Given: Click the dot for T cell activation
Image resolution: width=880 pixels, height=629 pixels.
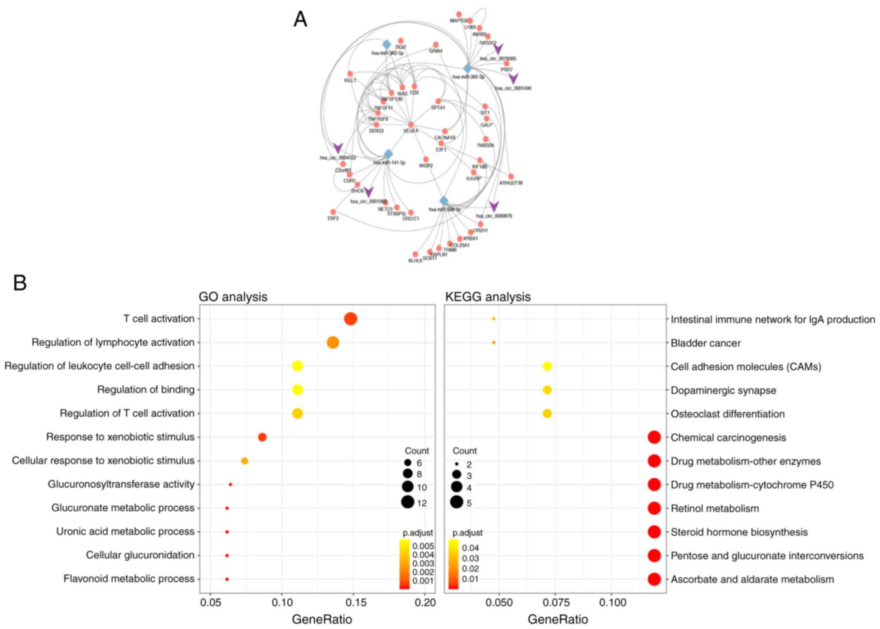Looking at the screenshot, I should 350,319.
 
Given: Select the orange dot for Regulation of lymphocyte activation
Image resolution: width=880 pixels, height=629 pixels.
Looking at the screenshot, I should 333,342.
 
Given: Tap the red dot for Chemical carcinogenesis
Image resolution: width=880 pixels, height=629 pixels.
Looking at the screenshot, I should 654,437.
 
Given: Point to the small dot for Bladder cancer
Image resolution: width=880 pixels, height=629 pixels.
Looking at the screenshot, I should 494,342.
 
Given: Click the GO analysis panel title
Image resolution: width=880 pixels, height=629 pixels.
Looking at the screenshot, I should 233,297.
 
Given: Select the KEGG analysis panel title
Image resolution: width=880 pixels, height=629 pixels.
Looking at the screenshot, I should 488,297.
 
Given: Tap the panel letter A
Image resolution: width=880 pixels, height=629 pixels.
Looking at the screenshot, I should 300,19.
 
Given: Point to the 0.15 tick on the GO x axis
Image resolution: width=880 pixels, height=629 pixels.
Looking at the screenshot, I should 353,603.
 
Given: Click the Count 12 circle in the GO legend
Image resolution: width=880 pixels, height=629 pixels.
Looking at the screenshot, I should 408,502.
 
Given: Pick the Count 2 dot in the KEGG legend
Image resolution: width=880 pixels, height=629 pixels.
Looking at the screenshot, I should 456,464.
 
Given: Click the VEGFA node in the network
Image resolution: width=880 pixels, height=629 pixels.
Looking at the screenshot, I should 411,125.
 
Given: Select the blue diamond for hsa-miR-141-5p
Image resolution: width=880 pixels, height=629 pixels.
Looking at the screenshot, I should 388,154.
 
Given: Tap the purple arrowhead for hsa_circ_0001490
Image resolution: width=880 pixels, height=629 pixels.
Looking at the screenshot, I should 513,78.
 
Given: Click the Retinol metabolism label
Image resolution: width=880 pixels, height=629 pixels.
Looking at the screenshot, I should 715,508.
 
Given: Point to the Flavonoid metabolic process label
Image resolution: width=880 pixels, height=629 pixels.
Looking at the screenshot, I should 129,579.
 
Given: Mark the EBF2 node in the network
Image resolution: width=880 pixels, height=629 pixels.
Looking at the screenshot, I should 333,212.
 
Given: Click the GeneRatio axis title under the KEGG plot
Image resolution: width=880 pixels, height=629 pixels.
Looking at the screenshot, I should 558,619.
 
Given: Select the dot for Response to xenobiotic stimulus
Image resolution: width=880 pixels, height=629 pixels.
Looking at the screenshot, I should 262,437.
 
